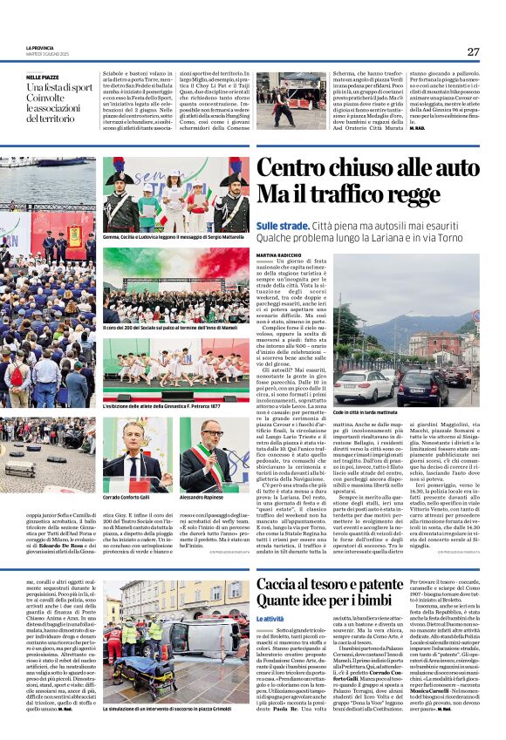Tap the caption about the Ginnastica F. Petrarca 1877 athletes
pyautogui.click(x=163, y=406)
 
